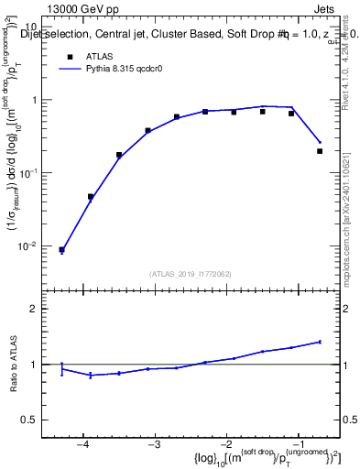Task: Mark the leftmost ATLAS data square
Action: pyautogui.click(x=61, y=249)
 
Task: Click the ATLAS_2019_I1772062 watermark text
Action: pyautogui.click(x=190, y=273)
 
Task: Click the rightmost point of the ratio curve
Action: pyautogui.click(x=320, y=342)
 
